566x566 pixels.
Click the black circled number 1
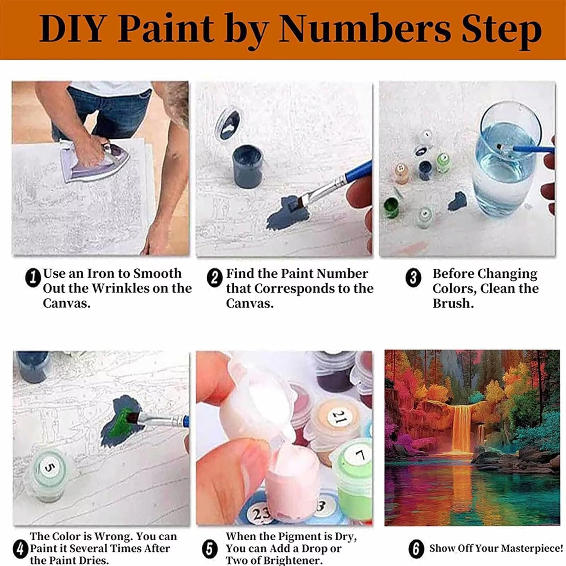(33, 278)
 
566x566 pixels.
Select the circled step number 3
(413, 278)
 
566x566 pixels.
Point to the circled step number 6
(416, 549)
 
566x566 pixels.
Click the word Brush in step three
(453, 303)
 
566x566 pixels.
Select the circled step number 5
(210, 549)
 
